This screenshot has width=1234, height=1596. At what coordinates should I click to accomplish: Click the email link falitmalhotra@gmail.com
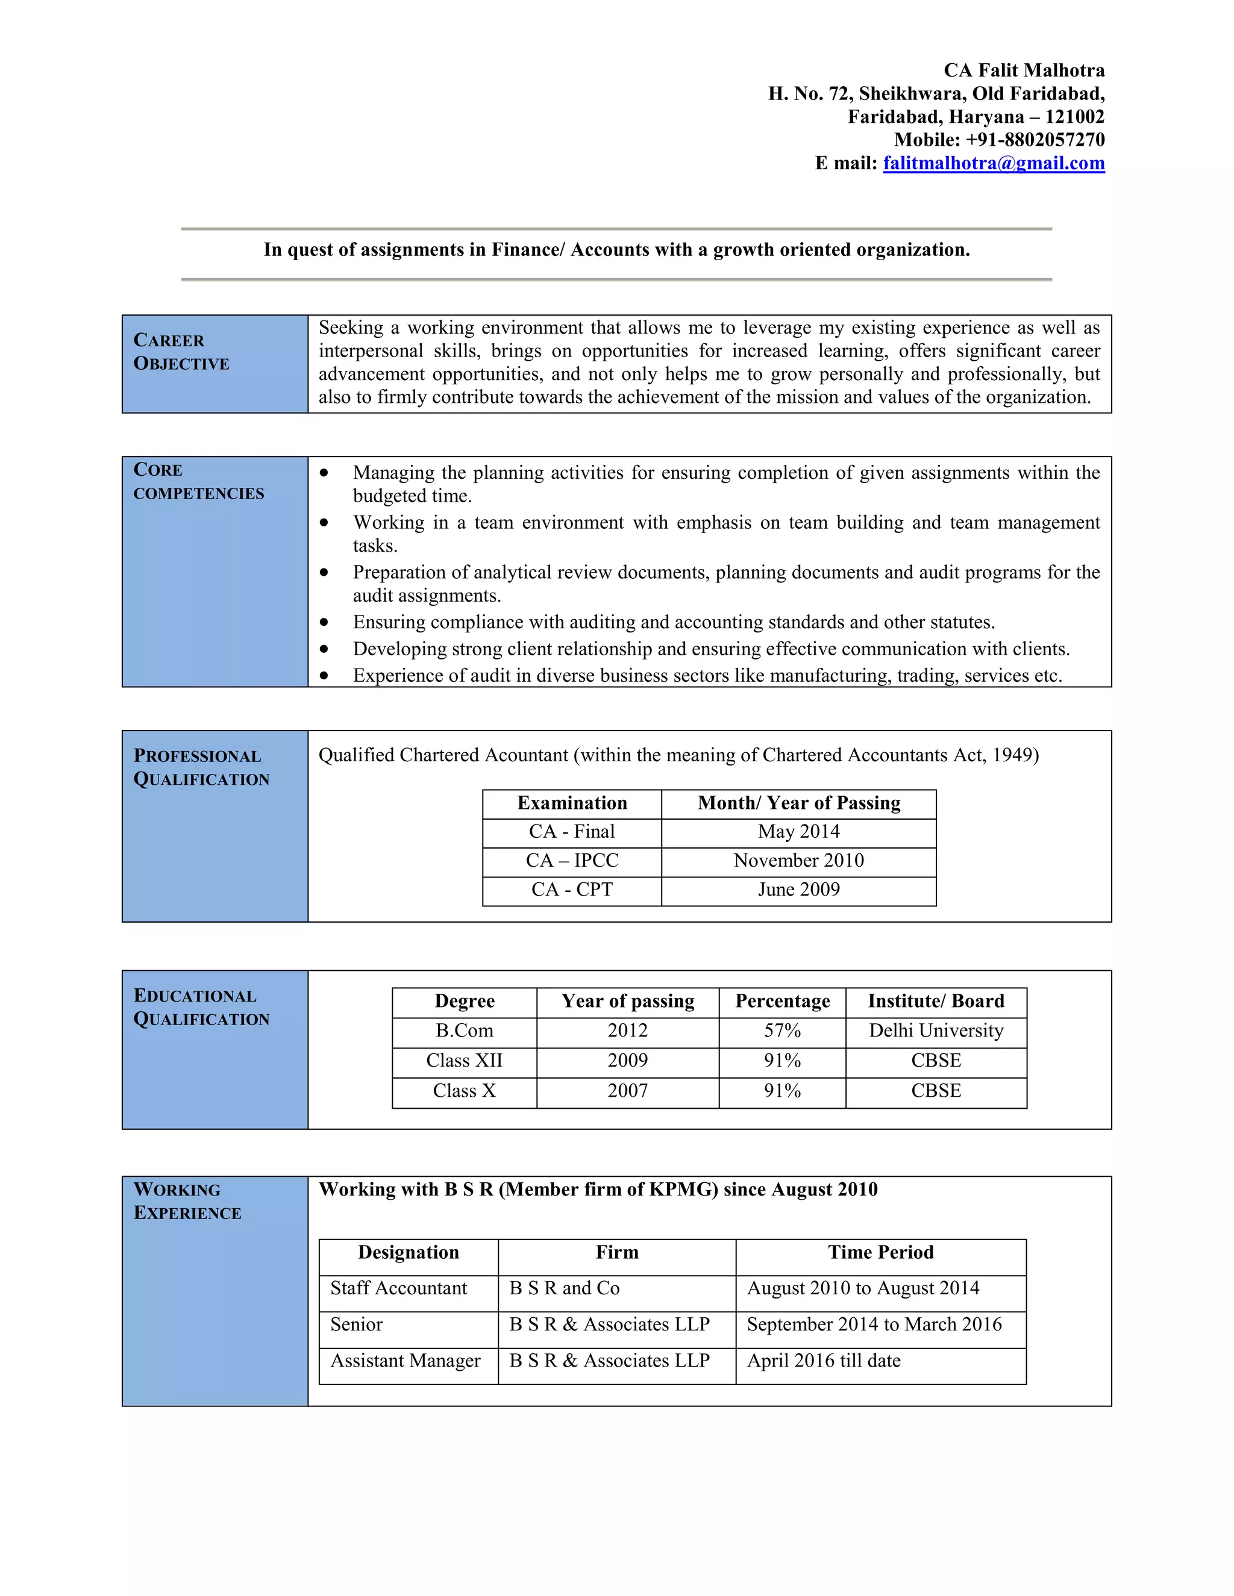pos(994,163)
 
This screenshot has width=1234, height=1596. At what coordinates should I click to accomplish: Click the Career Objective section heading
pos(181,352)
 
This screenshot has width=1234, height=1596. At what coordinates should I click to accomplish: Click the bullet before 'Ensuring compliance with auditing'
pos(324,623)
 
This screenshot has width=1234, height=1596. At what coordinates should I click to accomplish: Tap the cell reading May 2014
pos(798,832)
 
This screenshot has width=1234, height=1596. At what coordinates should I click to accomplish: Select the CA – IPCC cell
pos(572,861)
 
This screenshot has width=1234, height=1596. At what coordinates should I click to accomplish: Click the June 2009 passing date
pos(798,890)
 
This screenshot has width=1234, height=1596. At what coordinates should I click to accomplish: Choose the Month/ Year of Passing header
pos(798,803)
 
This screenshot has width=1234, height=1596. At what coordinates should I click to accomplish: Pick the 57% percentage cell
pos(782,1031)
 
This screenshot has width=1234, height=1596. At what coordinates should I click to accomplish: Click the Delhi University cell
pos(936,1031)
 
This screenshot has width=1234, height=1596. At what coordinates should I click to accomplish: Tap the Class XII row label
pos(464,1061)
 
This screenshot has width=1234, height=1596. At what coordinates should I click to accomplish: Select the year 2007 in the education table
pos(627,1091)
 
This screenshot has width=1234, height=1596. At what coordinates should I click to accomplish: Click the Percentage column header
pos(782,1001)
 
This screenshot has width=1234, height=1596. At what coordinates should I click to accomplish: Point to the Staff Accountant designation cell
pos(398,1288)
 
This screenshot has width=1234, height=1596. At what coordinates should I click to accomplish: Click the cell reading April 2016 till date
pos(823,1361)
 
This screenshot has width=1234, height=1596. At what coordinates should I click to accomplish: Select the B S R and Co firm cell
pos(565,1288)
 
